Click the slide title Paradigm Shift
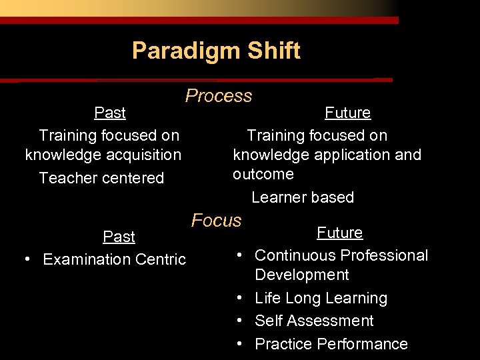[216, 51]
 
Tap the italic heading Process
[219, 96]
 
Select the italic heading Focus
[217, 220]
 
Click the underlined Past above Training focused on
[110, 113]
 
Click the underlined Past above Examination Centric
[119, 237]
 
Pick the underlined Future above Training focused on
[347, 113]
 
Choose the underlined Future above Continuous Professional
[339, 233]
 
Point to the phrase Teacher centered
[101, 178]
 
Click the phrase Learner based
[303, 197]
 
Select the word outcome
[263, 174]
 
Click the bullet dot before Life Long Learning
[238, 299]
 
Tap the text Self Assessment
[314, 321]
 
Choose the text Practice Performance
[331, 344]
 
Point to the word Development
[302, 275]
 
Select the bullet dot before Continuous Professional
[238, 255]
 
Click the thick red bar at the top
[199, 21]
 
